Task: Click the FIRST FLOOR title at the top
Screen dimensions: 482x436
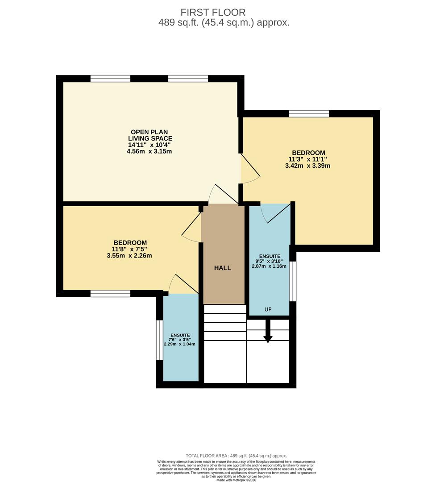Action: point(213,12)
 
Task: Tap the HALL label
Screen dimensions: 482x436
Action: point(223,268)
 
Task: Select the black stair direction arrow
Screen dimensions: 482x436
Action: point(268,332)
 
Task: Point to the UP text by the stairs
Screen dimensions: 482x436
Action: point(268,309)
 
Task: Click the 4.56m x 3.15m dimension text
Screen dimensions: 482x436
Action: point(149,151)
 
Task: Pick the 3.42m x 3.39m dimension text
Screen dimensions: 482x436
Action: point(307,166)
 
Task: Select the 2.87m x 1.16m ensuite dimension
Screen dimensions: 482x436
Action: point(269,266)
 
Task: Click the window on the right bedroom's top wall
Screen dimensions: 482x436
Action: point(309,114)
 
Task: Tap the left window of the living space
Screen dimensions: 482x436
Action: point(110,79)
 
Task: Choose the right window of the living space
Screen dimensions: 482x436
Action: point(188,79)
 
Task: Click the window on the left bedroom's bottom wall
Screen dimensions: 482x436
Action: point(110,293)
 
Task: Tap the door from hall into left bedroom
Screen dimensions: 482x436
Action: point(192,228)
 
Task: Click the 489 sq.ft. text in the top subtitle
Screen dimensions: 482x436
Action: point(179,23)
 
